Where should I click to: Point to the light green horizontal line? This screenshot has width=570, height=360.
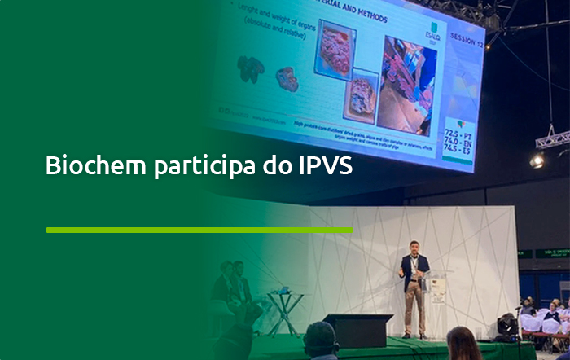pyautogui.click(x=199, y=230)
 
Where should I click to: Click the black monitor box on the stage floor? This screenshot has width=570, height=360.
pyautogui.click(x=357, y=329)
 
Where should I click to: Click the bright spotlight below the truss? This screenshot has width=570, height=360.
pyautogui.click(x=537, y=160)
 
